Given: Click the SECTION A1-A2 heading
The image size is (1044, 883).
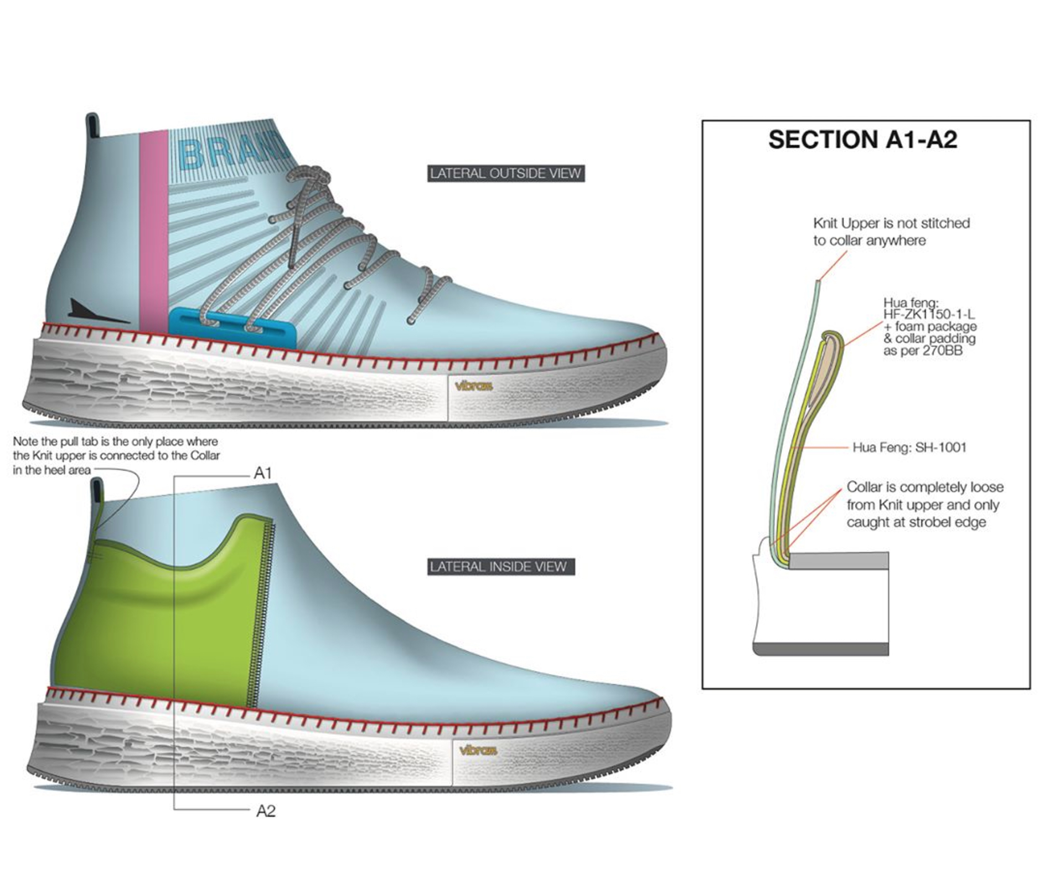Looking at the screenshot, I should pos(862,140).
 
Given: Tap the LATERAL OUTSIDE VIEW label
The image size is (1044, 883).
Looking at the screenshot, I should pos(505,173).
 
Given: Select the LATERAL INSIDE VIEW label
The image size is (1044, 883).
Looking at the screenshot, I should pos(498,567).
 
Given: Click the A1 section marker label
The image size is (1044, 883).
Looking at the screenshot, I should pos(263,473).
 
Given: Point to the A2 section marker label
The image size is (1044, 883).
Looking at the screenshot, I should pos(266,811).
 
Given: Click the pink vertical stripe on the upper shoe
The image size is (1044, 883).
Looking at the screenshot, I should pos(153,233).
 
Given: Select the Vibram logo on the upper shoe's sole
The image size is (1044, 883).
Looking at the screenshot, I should pos(473,386).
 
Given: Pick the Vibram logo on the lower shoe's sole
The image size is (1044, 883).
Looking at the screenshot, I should pos(478,751).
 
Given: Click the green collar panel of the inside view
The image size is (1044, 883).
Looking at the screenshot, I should pos(161,626).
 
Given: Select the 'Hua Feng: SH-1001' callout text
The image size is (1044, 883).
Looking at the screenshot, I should pos(909,448).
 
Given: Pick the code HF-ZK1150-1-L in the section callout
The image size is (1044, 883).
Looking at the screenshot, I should pos(929,315).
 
